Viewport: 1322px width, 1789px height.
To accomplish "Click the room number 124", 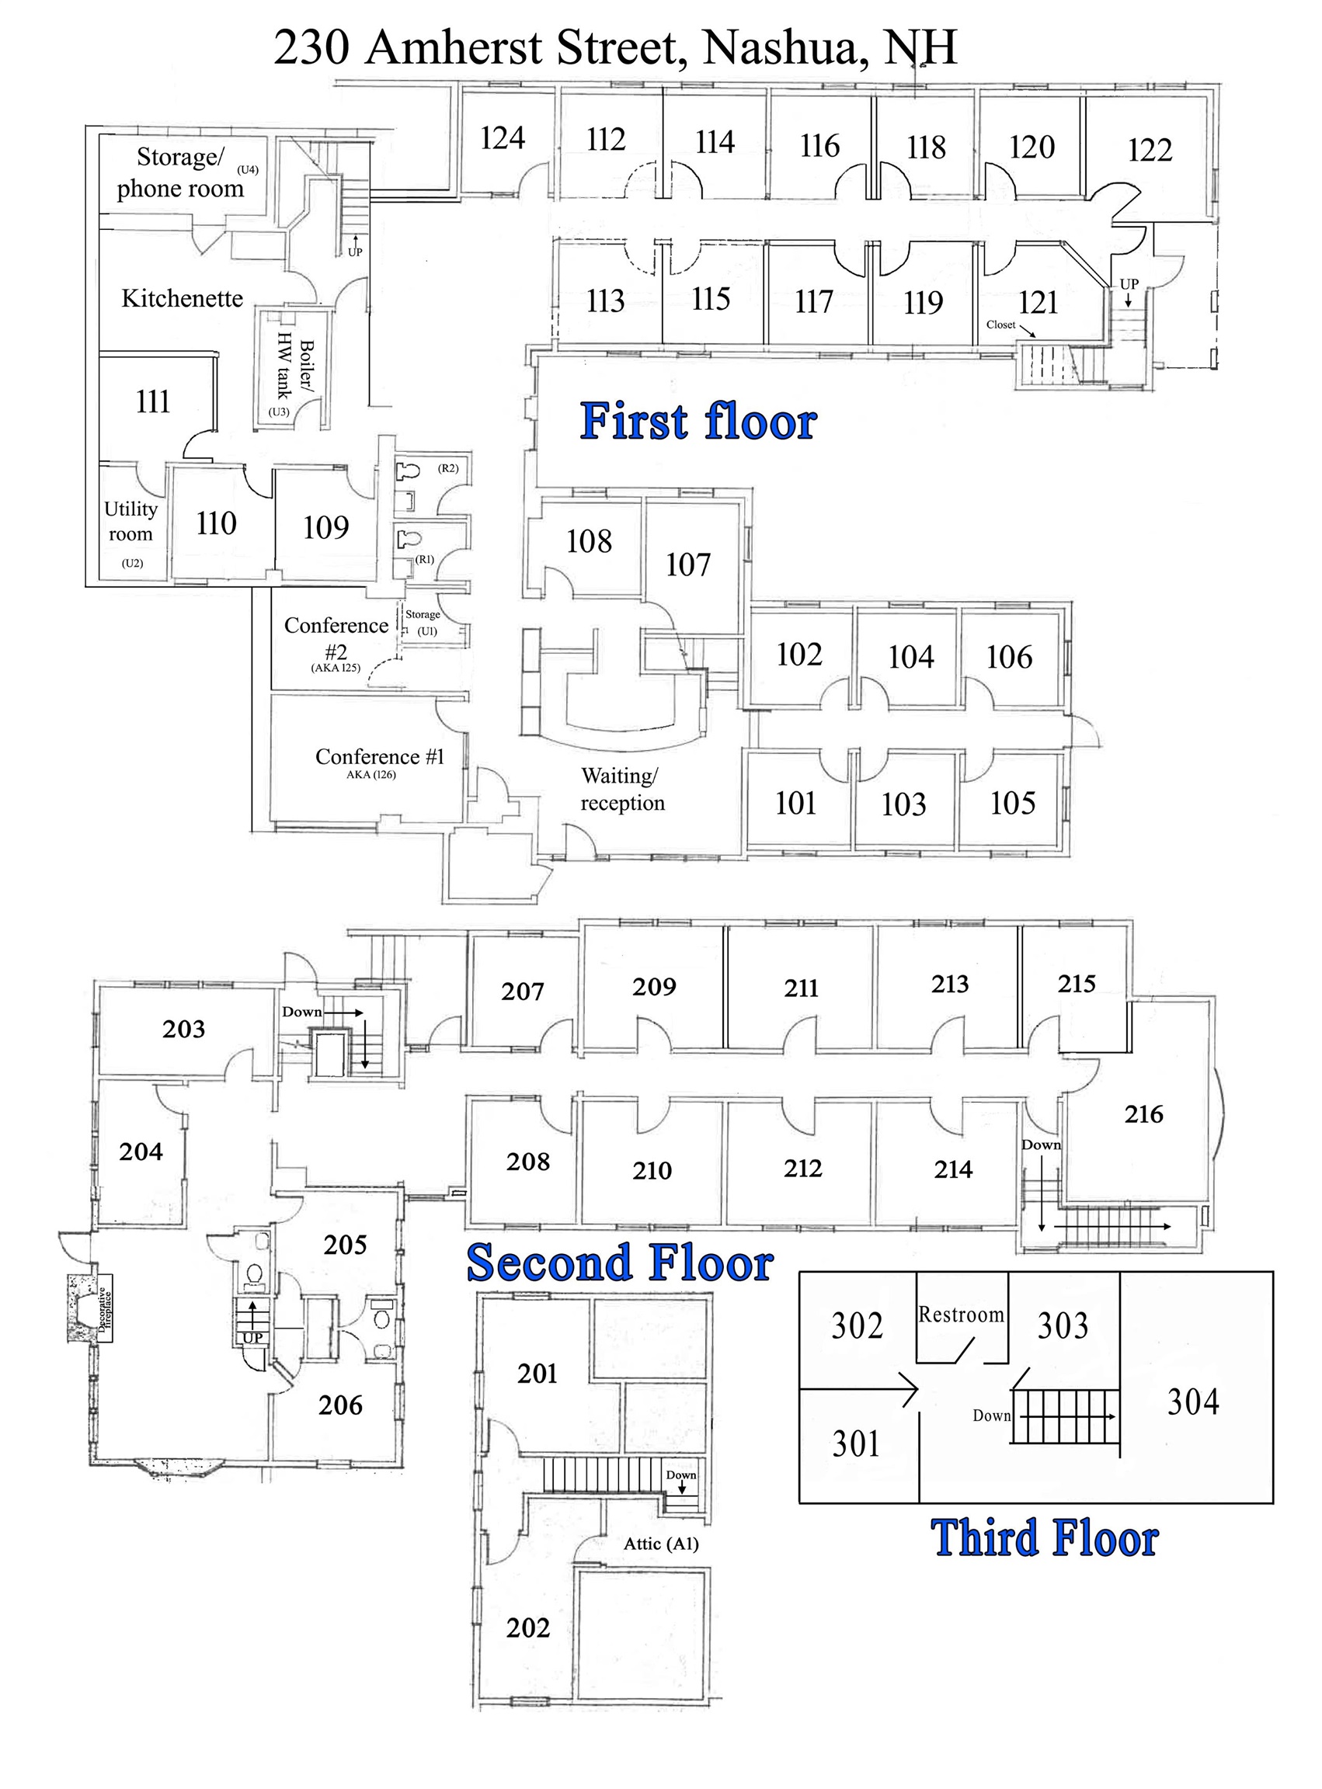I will [503, 138].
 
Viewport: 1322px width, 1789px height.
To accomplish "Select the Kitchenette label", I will [182, 298].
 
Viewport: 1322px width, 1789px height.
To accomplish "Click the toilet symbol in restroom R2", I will [408, 471].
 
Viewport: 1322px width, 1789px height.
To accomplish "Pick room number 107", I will [687, 564].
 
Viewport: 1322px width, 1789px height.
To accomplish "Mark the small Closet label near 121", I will [1000, 325].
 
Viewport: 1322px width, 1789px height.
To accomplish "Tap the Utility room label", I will [130, 522].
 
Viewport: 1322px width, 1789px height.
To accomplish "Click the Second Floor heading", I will [619, 1263].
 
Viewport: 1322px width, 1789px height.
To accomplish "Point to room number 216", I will [1143, 1113].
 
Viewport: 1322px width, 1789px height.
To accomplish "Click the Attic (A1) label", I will [661, 1544].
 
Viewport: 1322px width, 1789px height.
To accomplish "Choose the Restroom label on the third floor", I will [960, 1315].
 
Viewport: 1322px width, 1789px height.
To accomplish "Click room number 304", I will [1192, 1402].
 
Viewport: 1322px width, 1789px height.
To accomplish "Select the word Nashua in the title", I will [785, 48].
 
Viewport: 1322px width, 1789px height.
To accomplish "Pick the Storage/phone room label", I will [180, 173].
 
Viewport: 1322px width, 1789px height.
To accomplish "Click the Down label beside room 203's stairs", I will [301, 1011].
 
